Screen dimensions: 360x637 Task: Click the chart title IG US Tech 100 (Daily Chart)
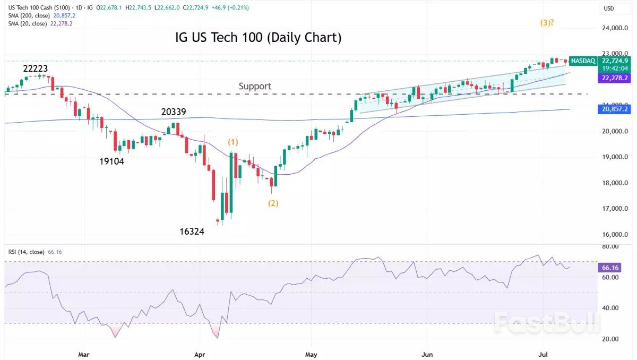pos(258,38)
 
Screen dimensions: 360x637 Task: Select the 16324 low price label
pos(191,232)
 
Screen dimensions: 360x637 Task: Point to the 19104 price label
pos(111,161)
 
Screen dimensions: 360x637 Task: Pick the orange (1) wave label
pos(234,142)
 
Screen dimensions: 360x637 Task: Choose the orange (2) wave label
pos(273,203)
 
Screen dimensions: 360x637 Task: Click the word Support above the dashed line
pos(255,86)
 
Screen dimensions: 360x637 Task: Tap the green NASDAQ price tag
pos(582,61)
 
